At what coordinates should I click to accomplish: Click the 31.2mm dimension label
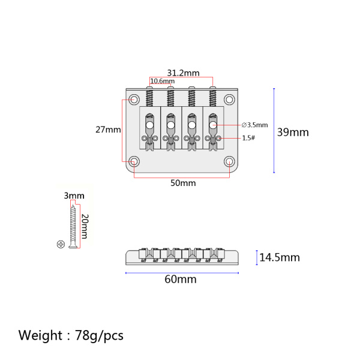(x=183, y=73)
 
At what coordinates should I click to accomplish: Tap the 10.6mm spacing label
(x=163, y=81)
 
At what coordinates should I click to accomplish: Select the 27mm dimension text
(x=108, y=130)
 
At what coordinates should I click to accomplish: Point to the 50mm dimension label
(x=183, y=183)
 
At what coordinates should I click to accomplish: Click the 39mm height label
(x=293, y=132)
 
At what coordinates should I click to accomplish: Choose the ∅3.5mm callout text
(x=254, y=125)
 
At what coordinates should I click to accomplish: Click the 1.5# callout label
(x=248, y=138)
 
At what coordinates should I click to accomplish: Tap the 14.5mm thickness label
(x=280, y=257)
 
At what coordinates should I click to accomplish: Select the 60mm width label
(x=181, y=280)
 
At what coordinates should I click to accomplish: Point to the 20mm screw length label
(x=85, y=226)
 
